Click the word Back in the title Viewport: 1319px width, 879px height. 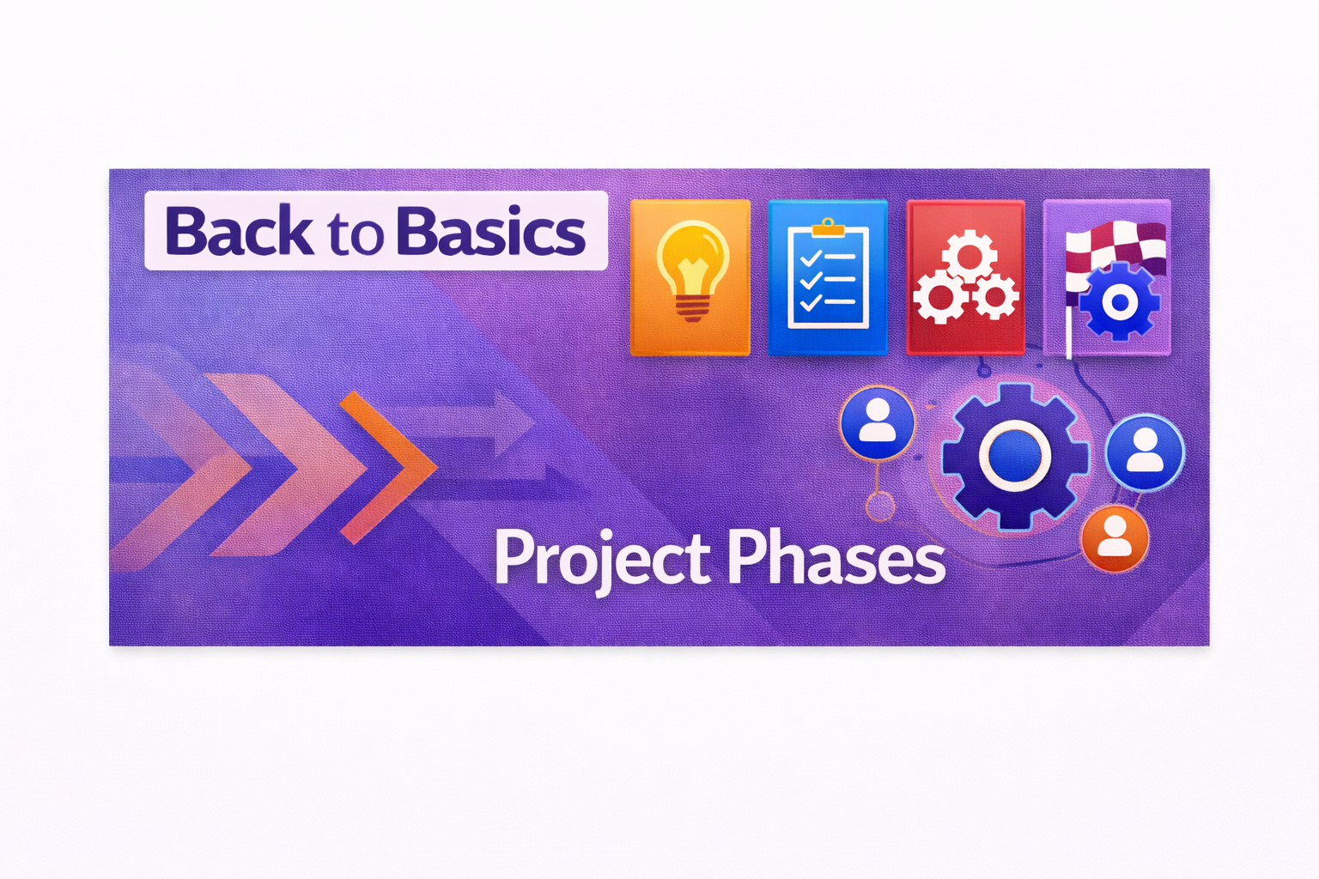tap(239, 230)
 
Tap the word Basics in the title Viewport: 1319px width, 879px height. tap(491, 231)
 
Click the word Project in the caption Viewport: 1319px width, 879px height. tap(602, 559)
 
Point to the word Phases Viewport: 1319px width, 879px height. tap(836, 555)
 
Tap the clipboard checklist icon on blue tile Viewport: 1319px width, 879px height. tap(828, 274)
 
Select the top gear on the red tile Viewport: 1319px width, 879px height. tap(969, 256)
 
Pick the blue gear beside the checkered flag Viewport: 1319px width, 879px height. tap(1120, 301)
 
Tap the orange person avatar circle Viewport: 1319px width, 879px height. tap(1115, 538)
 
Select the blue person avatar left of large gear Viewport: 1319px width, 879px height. tap(878, 422)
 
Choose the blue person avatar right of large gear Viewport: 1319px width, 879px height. tap(1145, 452)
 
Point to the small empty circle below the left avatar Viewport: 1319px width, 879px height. tap(879, 506)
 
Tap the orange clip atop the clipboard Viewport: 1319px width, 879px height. tap(828, 227)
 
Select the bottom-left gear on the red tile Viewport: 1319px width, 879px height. tap(940, 297)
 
